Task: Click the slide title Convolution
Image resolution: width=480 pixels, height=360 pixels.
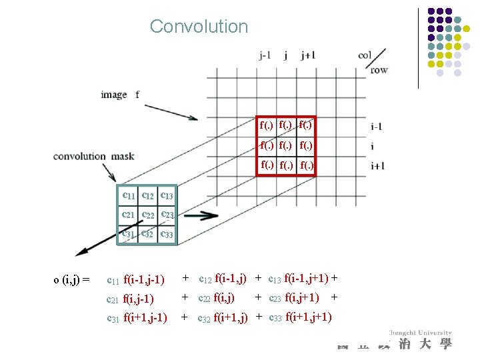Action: click(x=199, y=27)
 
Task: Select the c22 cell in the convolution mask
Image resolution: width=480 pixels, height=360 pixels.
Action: click(x=148, y=215)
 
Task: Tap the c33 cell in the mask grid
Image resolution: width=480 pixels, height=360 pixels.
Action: click(x=167, y=234)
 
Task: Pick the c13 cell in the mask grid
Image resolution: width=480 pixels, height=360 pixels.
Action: click(x=167, y=195)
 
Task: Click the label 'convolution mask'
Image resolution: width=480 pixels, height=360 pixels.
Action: click(x=93, y=157)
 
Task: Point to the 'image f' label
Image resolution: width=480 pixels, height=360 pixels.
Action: click(x=120, y=95)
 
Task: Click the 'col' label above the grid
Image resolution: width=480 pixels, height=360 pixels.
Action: click(x=365, y=55)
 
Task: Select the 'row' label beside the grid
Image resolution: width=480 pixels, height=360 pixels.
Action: click(x=379, y=69)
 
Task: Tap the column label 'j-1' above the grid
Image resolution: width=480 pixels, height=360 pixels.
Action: click(x=265, y=56)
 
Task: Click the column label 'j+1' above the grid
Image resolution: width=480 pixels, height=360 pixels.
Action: click(x=307, y=56)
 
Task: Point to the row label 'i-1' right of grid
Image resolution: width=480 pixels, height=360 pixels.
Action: click(x=376, y=127)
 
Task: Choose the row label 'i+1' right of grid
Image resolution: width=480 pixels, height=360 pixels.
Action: click(x=377, y=166)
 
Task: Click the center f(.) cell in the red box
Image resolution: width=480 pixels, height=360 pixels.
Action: click(x=286, y=144)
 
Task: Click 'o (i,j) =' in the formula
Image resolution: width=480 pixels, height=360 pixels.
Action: click(x=71, y=279)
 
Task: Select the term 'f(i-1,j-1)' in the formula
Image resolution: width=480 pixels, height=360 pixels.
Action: click(x=144, y=279)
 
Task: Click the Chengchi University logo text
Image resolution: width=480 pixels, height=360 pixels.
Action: click(x=420, y=333)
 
